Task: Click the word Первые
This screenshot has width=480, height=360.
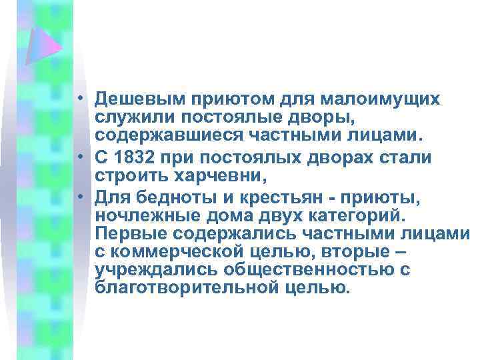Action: pyautogui.click(x=129, y=235)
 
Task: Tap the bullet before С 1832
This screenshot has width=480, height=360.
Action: pyautogui.click(x=79, y=158)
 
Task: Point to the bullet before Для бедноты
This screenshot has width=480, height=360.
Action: pyautogui.click(x=79, y=195)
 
